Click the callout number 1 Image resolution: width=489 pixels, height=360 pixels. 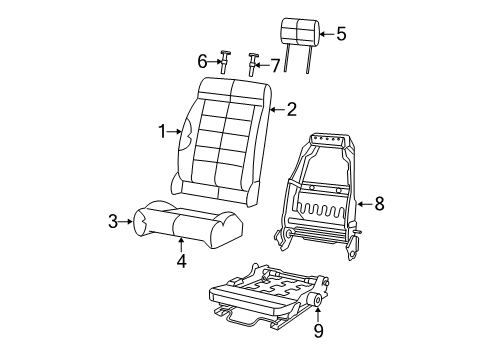coord(161,129)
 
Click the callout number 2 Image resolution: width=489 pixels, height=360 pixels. coord(291,109)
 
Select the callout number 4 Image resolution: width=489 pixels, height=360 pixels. coord(181,263)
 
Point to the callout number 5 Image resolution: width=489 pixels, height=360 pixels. coord(341,34)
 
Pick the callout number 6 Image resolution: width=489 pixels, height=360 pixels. coord(201,61)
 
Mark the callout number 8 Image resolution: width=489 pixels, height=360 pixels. coord(378,204)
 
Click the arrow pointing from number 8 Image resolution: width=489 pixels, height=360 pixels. coord(363,204)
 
